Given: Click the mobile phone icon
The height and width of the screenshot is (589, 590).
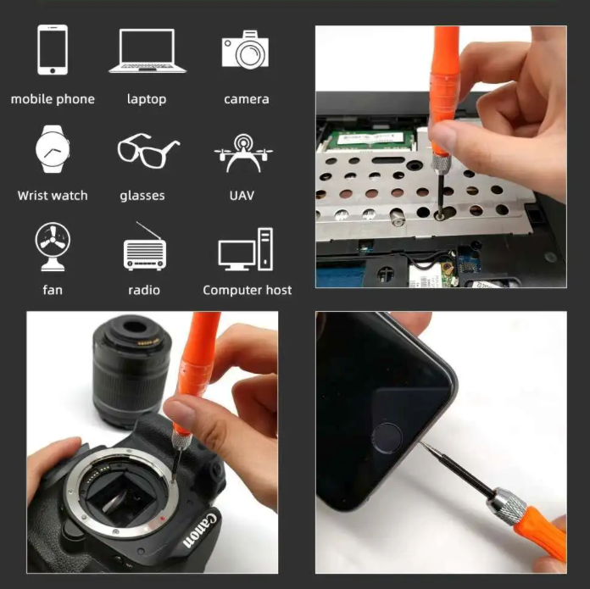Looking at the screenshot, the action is click(x=53, y=50).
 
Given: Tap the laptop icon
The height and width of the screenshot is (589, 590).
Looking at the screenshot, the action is click(x=147, y=51).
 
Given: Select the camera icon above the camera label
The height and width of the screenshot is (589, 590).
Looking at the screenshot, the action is click(x=245, y=49).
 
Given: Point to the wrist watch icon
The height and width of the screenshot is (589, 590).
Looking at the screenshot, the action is click(x=53, y=149).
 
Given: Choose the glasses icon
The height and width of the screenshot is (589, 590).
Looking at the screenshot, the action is click(x=148, y=151).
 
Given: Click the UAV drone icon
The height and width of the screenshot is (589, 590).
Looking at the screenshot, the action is click(x=243, y=153).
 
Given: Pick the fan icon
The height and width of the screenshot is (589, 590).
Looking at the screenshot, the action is click(x=53, y=247).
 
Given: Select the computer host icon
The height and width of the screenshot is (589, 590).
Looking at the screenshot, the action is click(x=246, y=249).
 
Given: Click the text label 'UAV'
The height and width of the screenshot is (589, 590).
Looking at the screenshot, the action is click(x=242, y=196).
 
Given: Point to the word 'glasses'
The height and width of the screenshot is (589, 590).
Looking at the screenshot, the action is click(x=142, y=196).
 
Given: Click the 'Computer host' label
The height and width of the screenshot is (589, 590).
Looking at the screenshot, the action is click(x=248, y=290).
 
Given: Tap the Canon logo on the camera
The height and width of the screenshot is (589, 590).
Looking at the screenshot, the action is click(x=200, y=529).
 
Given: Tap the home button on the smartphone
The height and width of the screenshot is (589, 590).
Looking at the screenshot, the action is click(x=387, y=438).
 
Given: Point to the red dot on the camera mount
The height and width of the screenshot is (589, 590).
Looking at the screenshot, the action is click(x=163, y=519).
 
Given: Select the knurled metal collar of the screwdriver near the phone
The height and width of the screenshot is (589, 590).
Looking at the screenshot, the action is click(x=506, y=505).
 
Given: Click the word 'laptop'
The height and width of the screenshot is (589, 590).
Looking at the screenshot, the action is click(x=147, y=99).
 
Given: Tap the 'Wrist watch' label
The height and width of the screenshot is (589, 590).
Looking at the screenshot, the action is click(x=53, y=196).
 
